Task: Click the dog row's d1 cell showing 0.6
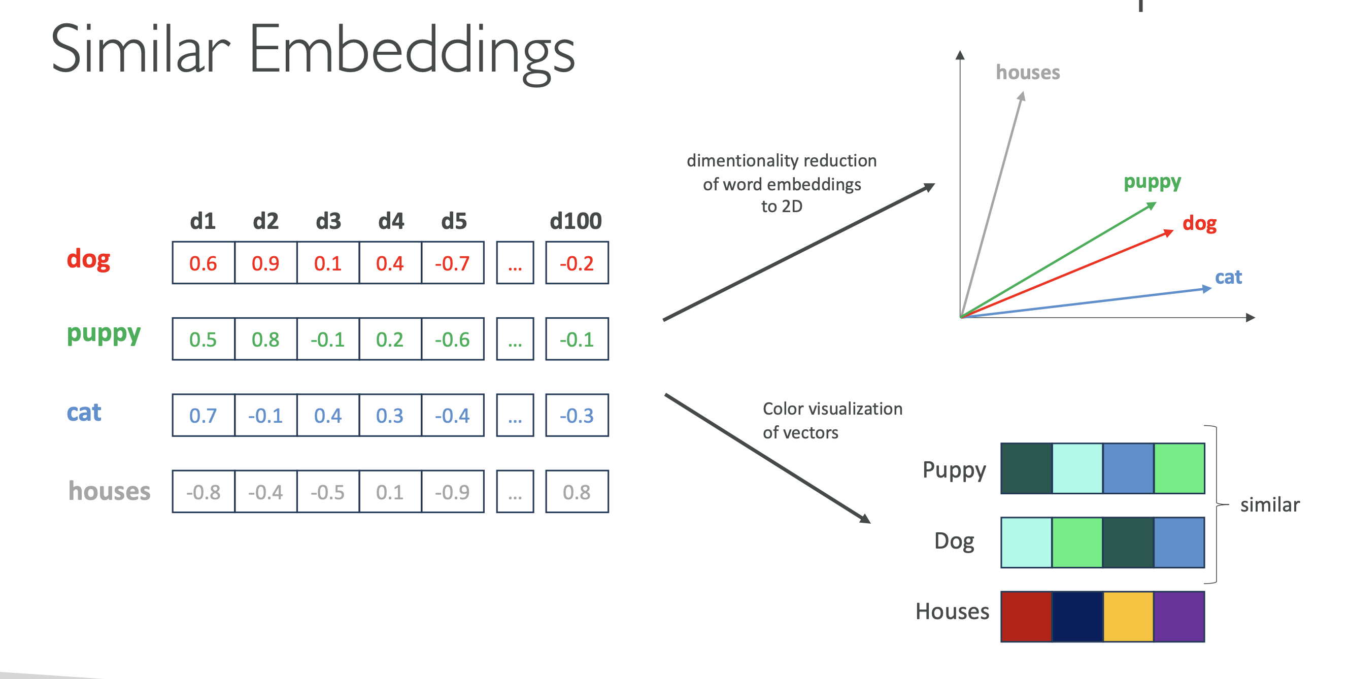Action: [x=203, y=263]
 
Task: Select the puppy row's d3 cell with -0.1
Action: [x=328, y=339]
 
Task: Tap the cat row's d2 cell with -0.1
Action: [x=265, y=415]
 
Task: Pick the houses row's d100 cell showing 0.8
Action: [x=577, y=492]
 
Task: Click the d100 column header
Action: [x=576, y=221]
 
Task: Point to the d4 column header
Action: [x=391, y=221]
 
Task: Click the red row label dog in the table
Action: [x=88, y=259]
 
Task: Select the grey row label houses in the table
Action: [x=110, y=491]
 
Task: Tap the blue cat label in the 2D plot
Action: [x=1228, y=277]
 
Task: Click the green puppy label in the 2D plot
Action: [x=1152, y=182]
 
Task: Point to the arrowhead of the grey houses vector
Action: [x=1022, y=96]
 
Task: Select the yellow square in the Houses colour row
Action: [x=1128, y=616]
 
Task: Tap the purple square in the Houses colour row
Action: [x=1179, y=616]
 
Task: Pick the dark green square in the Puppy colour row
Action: [x=1026, y=468]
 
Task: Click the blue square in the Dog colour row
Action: [x=1179, y=542]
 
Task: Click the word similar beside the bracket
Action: [x=1269, y=504]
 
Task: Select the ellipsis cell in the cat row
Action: [x=515, y=415]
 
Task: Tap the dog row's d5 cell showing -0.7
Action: [x=453, y=263]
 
